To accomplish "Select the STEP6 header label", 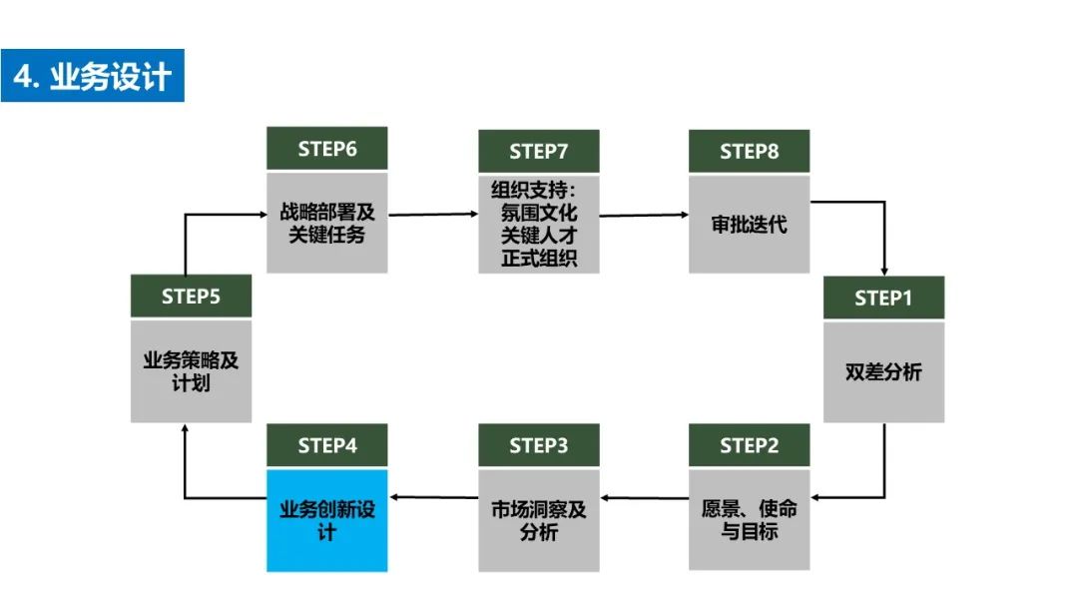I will pos(326,149).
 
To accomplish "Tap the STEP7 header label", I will pos(538,151).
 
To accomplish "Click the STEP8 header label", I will pos(749,151).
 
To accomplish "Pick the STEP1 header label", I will pos(883,298).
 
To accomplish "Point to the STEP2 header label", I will pos(749,445).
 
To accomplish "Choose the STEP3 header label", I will pos(538,445).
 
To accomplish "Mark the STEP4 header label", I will pos(326,445).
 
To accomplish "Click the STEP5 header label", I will pos(191,297).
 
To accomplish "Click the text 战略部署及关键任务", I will pos(326,224).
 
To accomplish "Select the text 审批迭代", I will pos(749,225).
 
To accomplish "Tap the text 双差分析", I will pos(883,372).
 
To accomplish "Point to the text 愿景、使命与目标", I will pos(749,520).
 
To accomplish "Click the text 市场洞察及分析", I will pos(538,520).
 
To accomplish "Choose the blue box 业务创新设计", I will pos(326,520).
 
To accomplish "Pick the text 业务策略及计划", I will pos(191,371).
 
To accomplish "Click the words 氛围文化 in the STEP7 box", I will pos(538,213).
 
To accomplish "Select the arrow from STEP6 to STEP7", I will pos(433,214).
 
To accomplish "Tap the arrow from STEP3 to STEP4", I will pos(433,496).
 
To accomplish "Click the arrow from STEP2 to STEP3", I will pos(644,496).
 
